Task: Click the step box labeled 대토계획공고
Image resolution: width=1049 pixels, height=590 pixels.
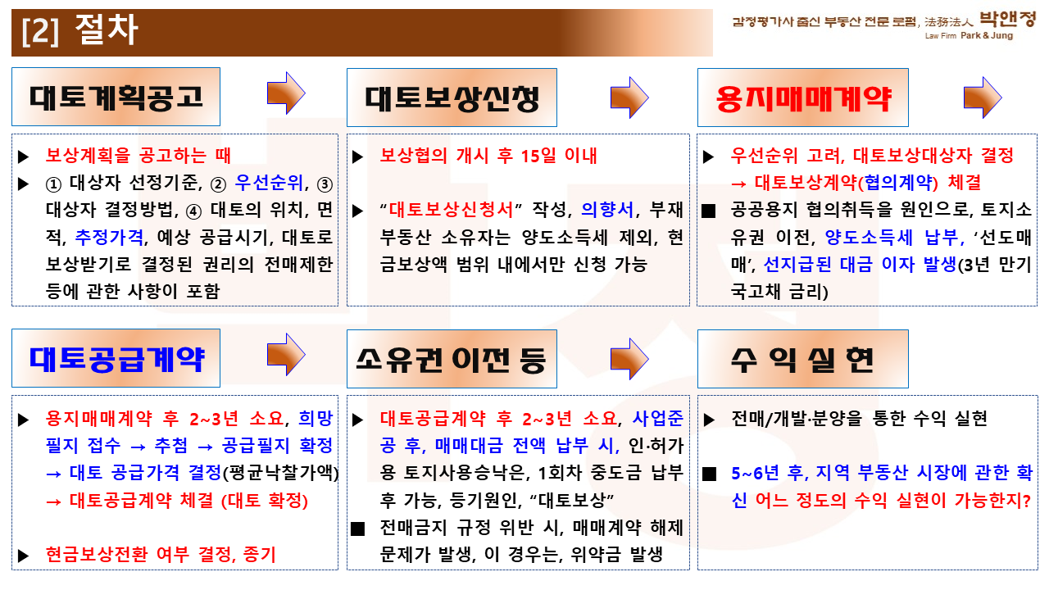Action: coord(116,97)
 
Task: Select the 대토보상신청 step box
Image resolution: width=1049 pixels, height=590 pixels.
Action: coord(452,98)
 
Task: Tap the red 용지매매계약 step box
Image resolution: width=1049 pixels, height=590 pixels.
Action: coord(802,98)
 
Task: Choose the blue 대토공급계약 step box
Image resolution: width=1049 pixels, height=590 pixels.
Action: coord(116,358)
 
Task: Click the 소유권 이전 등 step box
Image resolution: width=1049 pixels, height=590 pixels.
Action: coord(452,359)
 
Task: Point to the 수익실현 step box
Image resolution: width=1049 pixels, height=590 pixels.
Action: coord(802,359)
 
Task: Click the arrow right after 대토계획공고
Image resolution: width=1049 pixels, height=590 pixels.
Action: coord(286,93)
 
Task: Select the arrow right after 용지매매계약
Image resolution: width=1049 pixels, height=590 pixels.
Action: coord(983,98)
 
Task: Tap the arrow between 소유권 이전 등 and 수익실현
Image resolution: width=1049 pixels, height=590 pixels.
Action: coord(629,359)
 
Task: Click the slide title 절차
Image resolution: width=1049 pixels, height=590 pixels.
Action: coord(107,29)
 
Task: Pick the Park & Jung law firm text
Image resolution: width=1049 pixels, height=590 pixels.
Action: coord(986,35)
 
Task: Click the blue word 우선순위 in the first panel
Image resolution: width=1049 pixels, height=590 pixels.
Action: coord(270,183)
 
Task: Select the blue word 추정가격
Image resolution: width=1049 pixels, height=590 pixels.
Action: coord(109,237)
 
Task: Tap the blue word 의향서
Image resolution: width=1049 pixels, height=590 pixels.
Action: coord(607,209)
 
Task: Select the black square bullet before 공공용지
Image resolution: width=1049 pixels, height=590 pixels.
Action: coord(708,211)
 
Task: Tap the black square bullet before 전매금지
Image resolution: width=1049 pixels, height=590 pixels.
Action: coord(358,529)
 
